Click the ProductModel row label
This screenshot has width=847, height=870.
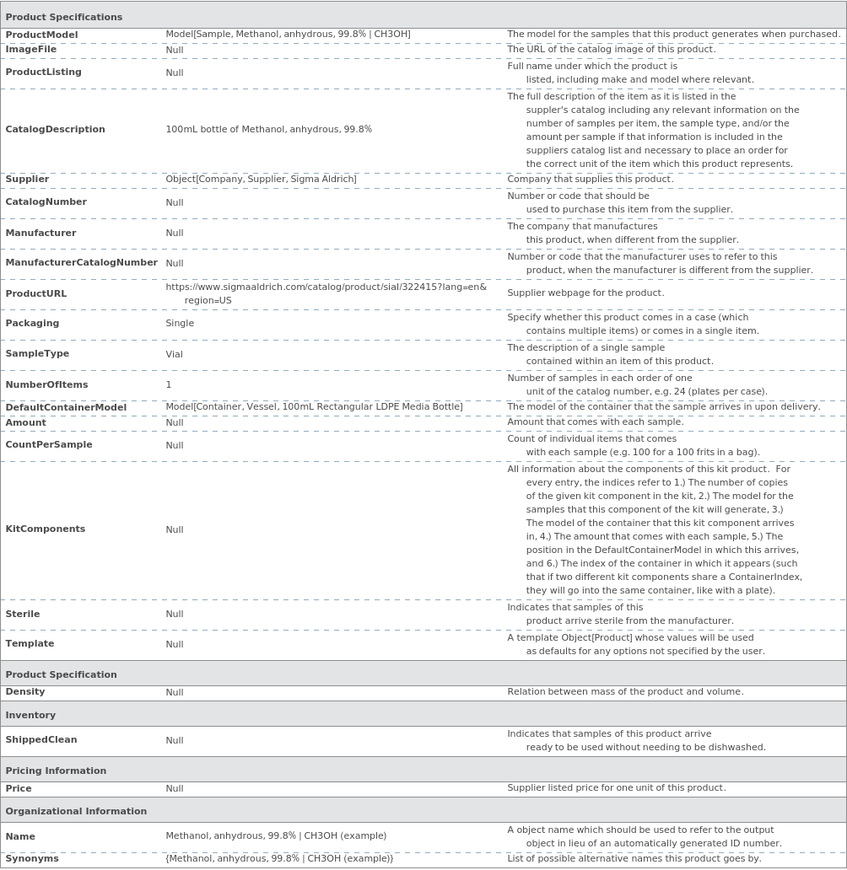tap(41, 35)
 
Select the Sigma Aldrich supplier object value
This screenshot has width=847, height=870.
tap(261, 179)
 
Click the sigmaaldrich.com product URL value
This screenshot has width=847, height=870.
tap(326, 293)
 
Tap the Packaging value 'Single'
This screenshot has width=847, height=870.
tap(180, 323)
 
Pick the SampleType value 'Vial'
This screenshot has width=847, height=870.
tap(174, 354)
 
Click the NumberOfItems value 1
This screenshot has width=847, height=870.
tap(169, 384)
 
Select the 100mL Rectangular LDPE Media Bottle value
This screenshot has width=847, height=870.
tap(314, 407)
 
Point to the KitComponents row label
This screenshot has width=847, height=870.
tap(45, 529)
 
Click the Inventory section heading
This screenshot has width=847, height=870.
tap(30, 715)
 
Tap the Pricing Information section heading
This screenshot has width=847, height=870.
tap(56, 771)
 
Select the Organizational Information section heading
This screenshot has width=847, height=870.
tap(76, 811)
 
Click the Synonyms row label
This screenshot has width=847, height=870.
tap(32, 858)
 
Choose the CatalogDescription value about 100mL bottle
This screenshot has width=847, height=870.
tap(268, 129)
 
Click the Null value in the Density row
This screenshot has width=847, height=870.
tap(174, 692)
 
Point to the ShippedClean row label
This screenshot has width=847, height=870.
tap(41, 739)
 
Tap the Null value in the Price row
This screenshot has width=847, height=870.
tap(174, 788)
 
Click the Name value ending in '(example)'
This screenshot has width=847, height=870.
tap(276, 836)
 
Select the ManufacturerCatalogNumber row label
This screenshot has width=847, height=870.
tap(81, 262)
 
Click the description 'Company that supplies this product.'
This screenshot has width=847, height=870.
tap(590, 179)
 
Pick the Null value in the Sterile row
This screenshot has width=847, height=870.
tap(174, 614)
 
